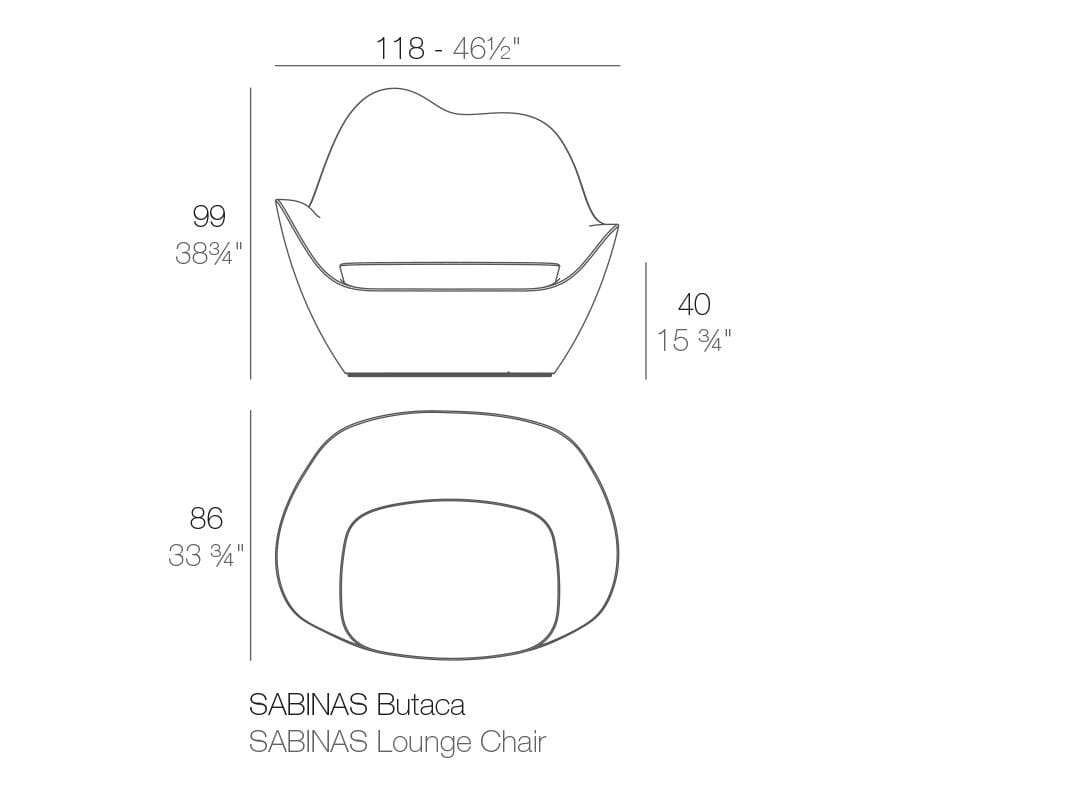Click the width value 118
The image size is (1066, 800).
tap(400, 48)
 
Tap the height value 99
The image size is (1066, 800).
tap(209, 215)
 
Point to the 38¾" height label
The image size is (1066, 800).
tap(208, 254)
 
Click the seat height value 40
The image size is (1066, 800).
tap(694, 304)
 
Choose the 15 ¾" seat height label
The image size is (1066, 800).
tap(694, 341)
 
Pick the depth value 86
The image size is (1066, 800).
tap(206, 518)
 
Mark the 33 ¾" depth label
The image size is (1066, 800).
tap(206, 555)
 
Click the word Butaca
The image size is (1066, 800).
tap(421, 705)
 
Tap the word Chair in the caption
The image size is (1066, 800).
tap(513, 742)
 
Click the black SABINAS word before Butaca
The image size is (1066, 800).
tap(309, 705)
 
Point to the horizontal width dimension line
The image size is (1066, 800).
tap(447, 66)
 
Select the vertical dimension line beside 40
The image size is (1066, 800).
tap(646, 320)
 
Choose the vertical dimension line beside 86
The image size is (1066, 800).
tap(250, 535)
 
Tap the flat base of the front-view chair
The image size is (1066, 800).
tap(449, 375)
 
